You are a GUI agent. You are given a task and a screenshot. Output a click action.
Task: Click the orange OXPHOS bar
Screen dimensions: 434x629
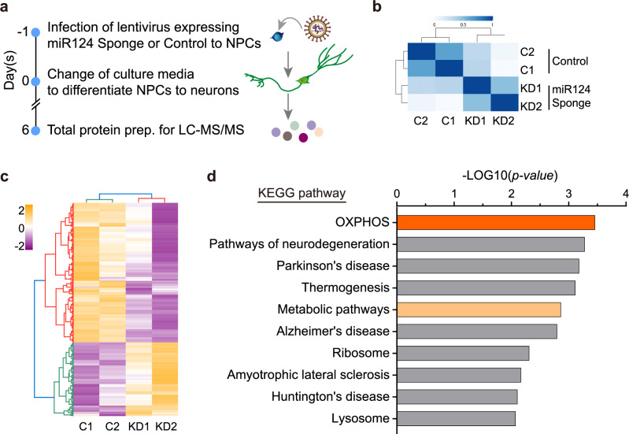tap(495, 222)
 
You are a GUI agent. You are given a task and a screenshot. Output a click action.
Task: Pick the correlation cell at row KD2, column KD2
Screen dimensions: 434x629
tap(500, 105)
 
